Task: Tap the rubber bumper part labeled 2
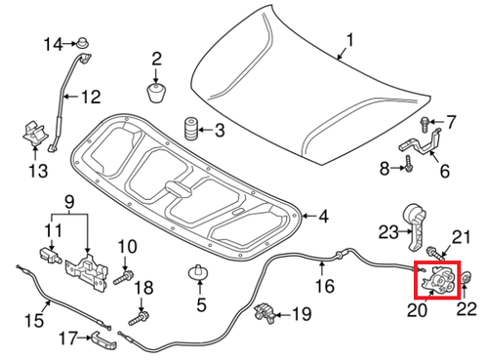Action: [155, 94]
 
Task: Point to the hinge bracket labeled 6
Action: [418, 149]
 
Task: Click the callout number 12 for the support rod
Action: [90, 97]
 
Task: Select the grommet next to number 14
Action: [84, 43]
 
